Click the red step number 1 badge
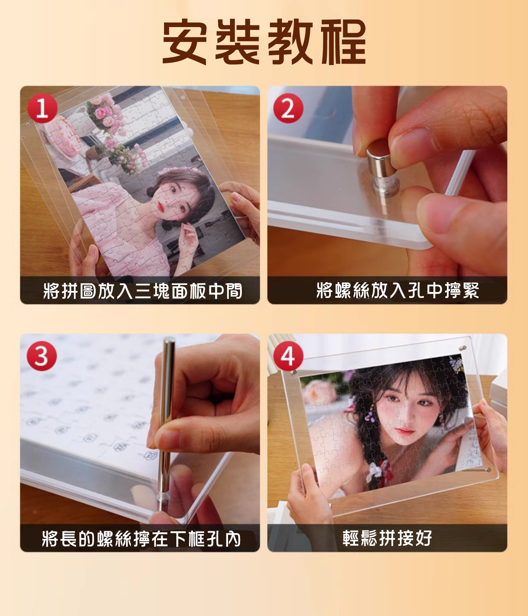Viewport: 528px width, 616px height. (42, 109)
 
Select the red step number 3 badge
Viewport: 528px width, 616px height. (42, 356)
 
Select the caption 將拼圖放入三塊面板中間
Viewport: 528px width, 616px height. (143, 291)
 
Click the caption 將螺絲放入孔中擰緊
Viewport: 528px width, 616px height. (398, 291)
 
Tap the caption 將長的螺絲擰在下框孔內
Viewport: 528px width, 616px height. (141, 539)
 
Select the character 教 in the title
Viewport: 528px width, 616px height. (291, 43)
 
